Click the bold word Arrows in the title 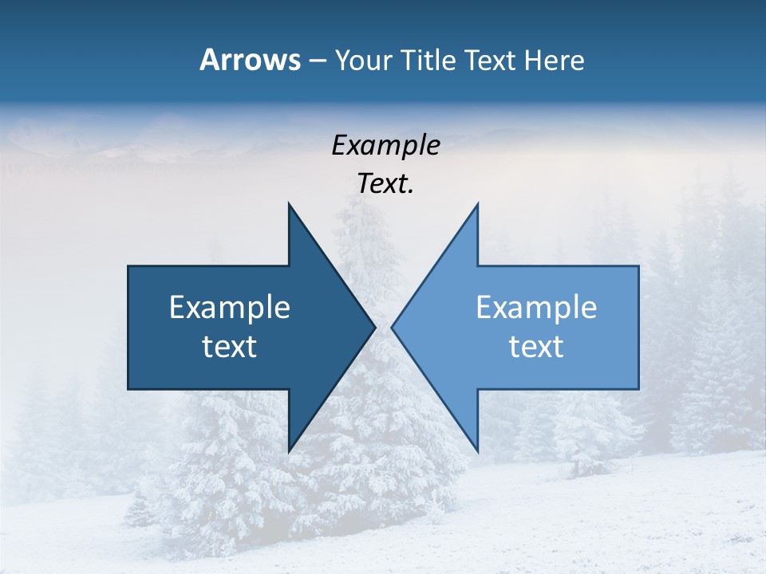pyautogui.click(x=250, y=60)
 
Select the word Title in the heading pyautogui.click(x=429, y=60)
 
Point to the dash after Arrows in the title pyautogui.click(x=317, y=61)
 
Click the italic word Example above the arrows pyautogui.click(x=385, y=146)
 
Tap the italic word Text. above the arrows pyautogui.click(x=385, y=184)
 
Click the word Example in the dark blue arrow pyautogui.click(x=230, y=307)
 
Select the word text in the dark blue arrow pyautogui.click(x=230, y=347)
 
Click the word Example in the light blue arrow pyautogui.click(x=536, y=307)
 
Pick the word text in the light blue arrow pyautogui.click(x=536, y=347)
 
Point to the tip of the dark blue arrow pyautogui.click(x=375, y=327)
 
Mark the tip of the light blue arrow pyautogui.click(x=392, y=327)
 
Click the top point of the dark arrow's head pyautogui.click(x=289, y=204)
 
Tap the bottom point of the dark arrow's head pyautogui.click(x=289, y=451)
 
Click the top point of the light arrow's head pyautogui.click(x=477, y=204)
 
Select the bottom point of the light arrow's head pyautogui.click(x=477, y=451)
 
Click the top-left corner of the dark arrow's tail pyautogui.click(x=128, y=266)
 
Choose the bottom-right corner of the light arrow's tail pyautogui.click(x=638, y=389)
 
